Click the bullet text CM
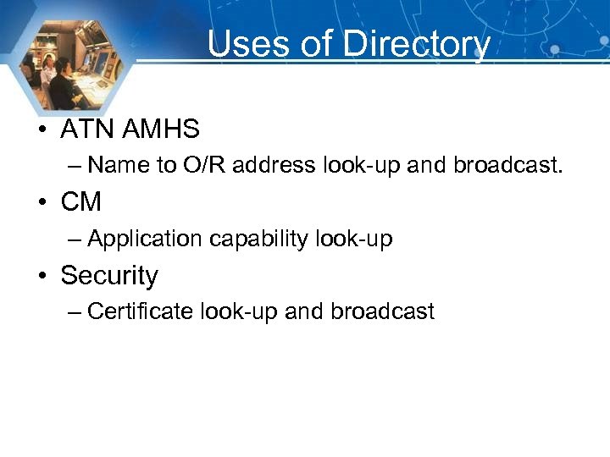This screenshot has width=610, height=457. [81, 202]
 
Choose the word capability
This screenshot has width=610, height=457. [259, 240]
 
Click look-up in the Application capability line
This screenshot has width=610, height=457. [354, 240]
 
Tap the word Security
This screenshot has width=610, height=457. [109, 276]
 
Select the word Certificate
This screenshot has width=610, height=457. [141, 311]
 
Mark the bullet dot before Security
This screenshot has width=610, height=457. [42, 277]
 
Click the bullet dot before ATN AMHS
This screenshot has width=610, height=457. [42, 130]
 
